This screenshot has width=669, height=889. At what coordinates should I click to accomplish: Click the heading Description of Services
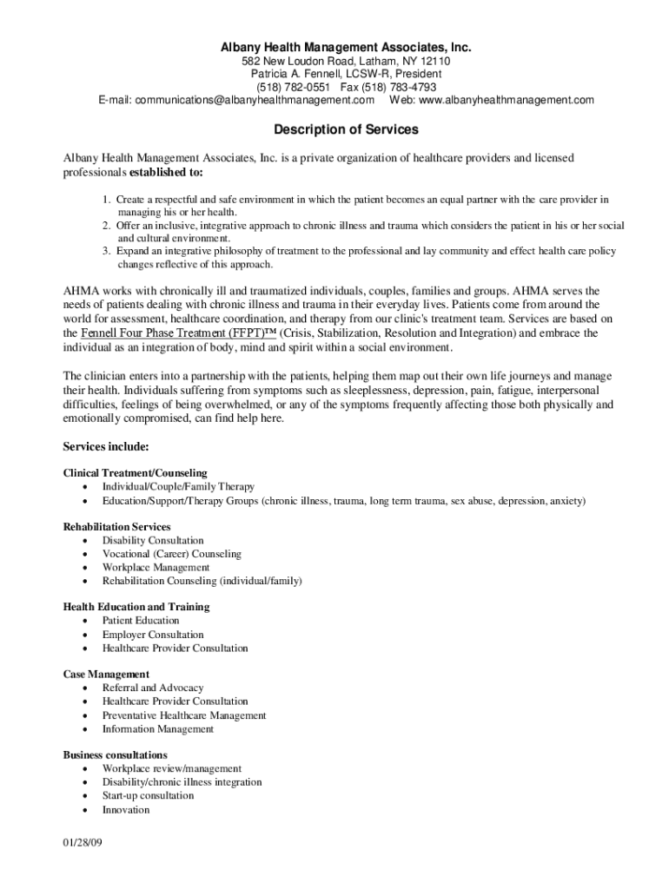coord(334,129)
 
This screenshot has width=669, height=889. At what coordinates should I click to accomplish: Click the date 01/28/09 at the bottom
coord(83,844)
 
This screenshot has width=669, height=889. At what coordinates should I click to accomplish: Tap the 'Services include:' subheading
coord(106,446)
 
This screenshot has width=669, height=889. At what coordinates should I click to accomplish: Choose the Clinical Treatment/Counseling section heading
coord(135,473)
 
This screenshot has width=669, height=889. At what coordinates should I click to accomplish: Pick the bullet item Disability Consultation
coord(153,540)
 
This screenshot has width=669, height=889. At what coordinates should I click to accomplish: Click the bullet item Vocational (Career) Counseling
coord(171,554)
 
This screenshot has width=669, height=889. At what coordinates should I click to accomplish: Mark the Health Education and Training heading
coord(136,607)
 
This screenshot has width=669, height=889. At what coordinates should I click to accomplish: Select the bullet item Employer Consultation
coord(153,635)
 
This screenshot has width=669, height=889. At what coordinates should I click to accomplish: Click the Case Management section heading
coord(106,674)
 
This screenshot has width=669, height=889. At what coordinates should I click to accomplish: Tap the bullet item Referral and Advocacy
coord(153,688)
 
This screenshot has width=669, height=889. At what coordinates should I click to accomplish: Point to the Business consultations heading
coord(116,754)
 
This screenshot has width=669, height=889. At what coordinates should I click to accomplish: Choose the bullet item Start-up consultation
coord(149,795)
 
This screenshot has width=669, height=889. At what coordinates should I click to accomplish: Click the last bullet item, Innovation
coord(126,809)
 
